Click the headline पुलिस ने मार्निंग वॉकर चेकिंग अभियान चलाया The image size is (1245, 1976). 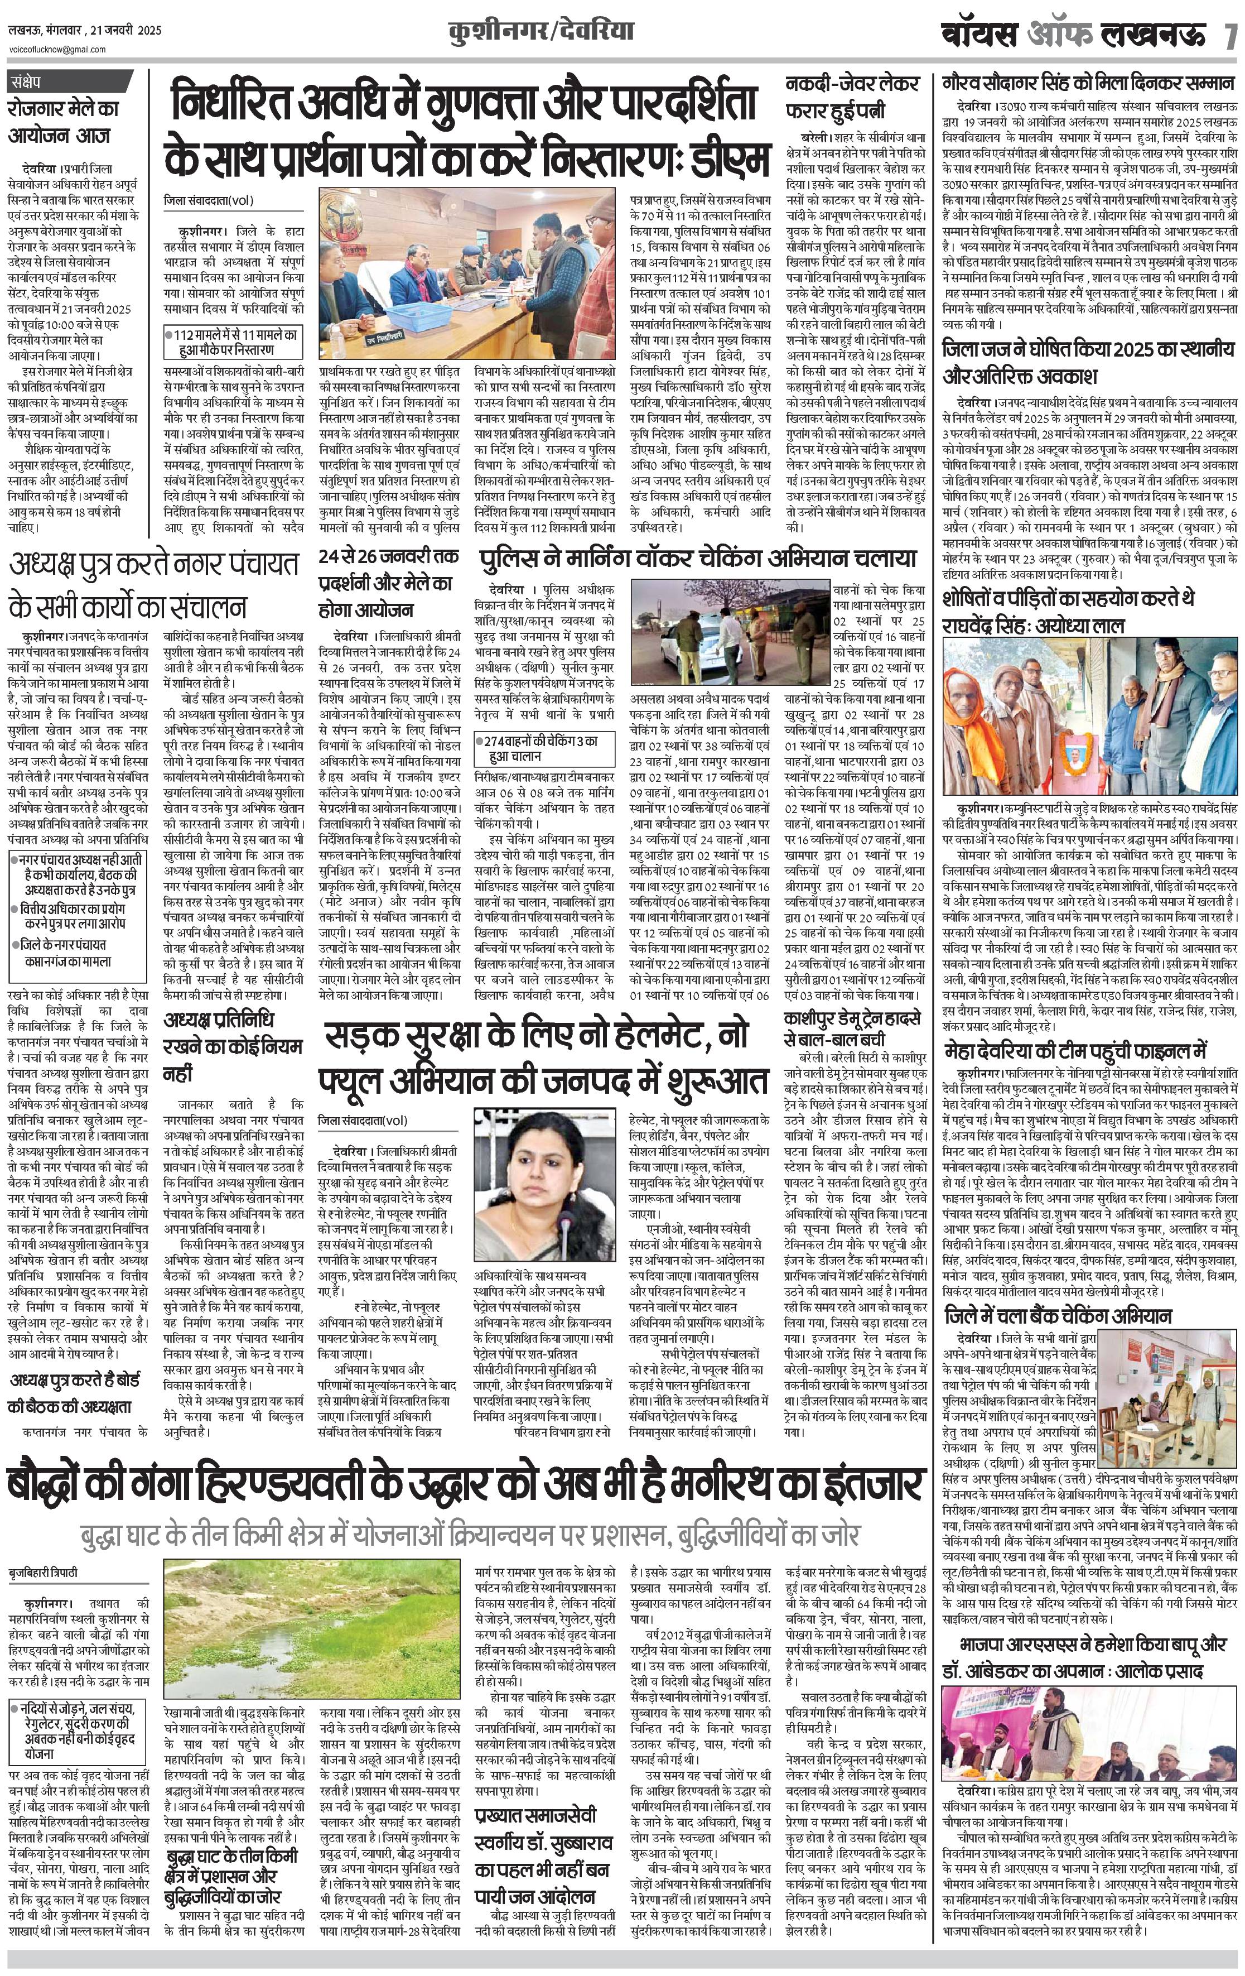698,559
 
